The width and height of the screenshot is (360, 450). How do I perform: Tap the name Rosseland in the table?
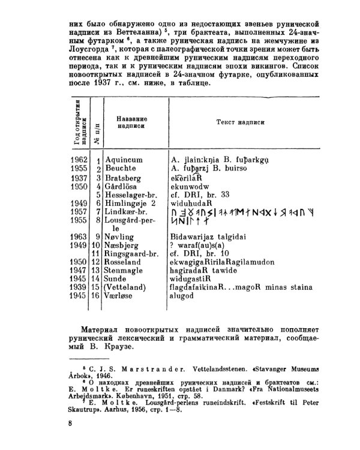[123, 262]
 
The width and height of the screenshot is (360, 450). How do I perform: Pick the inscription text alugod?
[185, 296]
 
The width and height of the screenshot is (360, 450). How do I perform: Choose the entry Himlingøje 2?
[130, 203]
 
